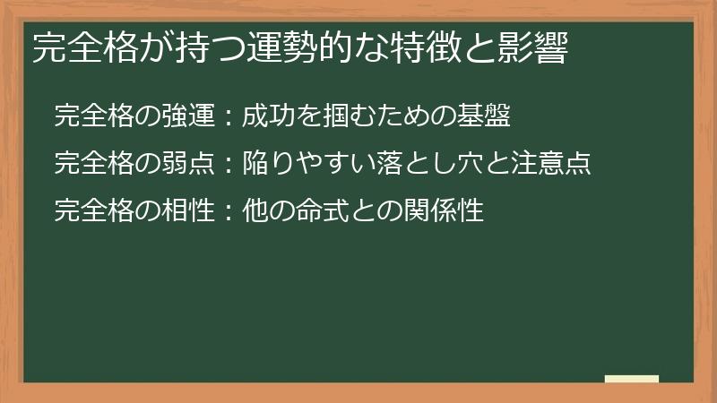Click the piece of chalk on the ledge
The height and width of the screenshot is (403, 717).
(631, 379)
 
